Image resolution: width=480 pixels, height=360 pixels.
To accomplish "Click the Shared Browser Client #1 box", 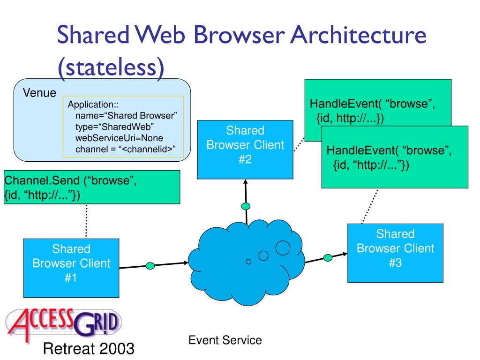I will pyautogui.click(x=71, y=268).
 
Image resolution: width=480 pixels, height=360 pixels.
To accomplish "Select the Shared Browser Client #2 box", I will pyautogui.click(x=245, y=150).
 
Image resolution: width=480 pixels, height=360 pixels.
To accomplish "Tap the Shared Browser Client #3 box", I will pyautogui.click(x=395, y=253).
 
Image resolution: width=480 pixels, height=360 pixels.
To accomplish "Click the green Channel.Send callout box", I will pyautogui.click(x=92, y=187).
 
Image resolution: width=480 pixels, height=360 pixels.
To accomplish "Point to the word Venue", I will pyautogui.click(x=39, y=92).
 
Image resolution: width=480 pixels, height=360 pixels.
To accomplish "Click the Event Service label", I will pyautogui.click(x=225, y=340).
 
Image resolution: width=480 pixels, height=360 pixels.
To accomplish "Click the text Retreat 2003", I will pyautogui.click(x=89, y=349).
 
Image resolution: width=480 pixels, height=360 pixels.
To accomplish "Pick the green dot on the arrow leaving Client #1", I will pyautogui.click(x=150, y=266).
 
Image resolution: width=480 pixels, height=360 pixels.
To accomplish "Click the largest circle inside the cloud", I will pyautogui.click(x=283, y=247).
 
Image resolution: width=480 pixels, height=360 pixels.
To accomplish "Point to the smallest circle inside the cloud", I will pyautogui.click(x=249, y=261).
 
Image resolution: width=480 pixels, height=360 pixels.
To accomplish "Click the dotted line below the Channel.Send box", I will pyautogui.click(x=87, y=221).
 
